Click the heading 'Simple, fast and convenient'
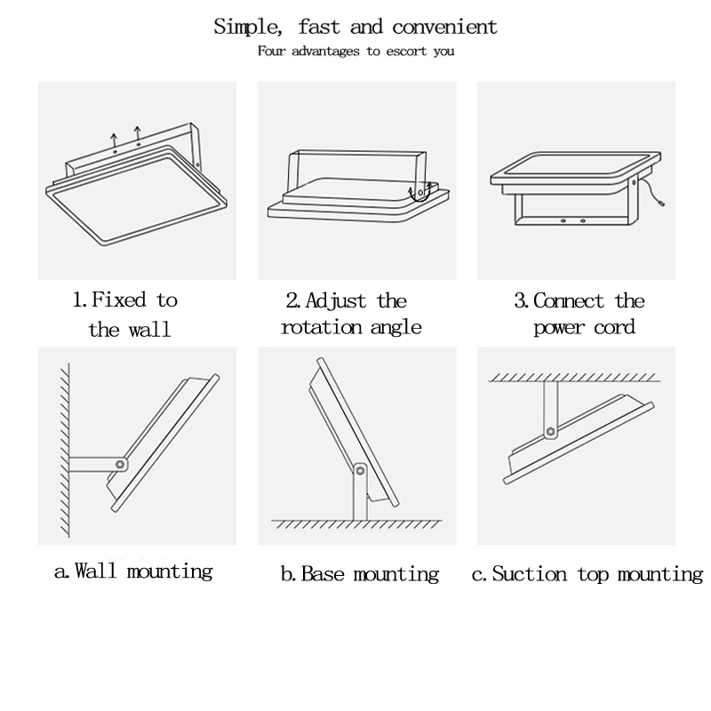[x=355, y=28]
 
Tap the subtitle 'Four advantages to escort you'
[x=355, y=51]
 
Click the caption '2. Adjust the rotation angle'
[x=351, y=315]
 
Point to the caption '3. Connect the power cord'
[x=579, y=315]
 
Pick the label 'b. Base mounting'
[x=359, y=574]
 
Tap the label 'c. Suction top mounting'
[x=587, y=574]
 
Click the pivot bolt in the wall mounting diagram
[x=119, y=464]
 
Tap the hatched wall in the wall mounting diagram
[x=61, y=444]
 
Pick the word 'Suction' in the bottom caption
[x=531, y=574]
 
